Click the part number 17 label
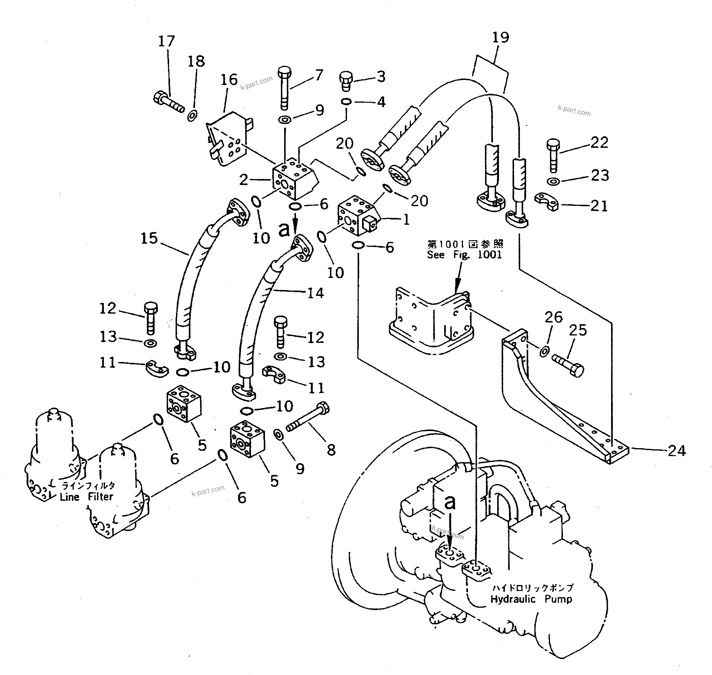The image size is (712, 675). tap(166, 41)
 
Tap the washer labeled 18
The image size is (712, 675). tap(192, 115)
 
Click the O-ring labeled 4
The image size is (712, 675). tap(346, 102)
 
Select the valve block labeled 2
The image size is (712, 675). tap(293, 180)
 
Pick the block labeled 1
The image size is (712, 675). tap(356, 215)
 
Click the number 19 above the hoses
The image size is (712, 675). tap(500, 37)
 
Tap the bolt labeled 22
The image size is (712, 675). tap(553, 155)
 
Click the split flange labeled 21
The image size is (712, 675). tap(546, 201)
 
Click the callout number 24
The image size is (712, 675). tap(677, 450)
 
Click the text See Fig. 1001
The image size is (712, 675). tap(464, 255)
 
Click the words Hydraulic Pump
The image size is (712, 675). tap(531, 599)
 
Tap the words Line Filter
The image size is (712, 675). tap(86, 497)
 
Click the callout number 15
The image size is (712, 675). tap(149, 238)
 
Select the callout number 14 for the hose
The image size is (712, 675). tap(315, 293)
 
